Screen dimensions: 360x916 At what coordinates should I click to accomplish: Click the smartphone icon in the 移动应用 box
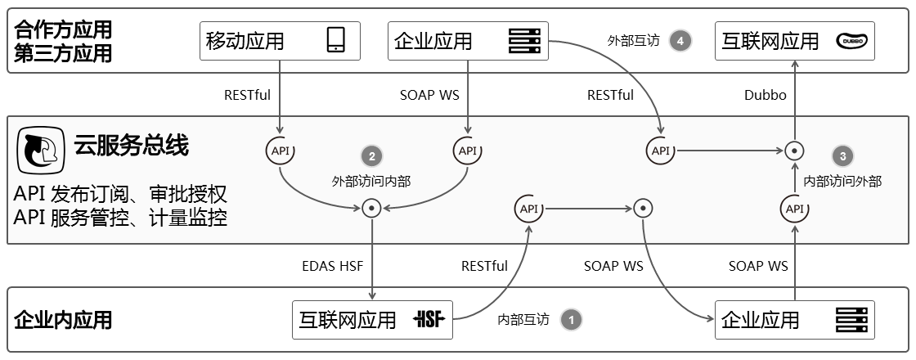[x=335, y=40]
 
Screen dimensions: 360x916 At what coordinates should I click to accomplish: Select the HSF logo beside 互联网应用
[x=430, y=319]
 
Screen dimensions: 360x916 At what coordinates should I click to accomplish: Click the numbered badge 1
[x=571, y=319]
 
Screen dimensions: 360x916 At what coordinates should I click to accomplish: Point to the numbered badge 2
[x=371, y=156]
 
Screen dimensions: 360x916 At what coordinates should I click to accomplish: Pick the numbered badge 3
[x=842, y=155]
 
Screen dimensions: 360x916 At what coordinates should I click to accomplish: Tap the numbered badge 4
[x=680, y=40]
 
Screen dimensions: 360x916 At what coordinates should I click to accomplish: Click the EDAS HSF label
[x=332, y=266]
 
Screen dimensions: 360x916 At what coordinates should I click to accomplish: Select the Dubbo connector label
[x=766, y=95]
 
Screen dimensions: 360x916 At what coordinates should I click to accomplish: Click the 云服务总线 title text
[x=131, y=146]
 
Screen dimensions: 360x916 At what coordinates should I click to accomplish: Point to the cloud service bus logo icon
[x=42, y=150]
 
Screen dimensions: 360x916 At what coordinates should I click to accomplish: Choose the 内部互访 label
[x=523, y=319]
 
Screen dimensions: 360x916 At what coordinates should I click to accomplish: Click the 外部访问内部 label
[x=371, y=181]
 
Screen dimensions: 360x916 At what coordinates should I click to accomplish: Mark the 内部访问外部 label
[x=842, y=181]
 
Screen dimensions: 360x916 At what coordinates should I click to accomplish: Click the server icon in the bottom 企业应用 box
[x=851, y=319]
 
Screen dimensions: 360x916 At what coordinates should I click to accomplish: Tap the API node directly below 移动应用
[x=280, y=151]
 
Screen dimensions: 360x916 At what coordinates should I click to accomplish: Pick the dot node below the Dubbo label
[x=793, y=151]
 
